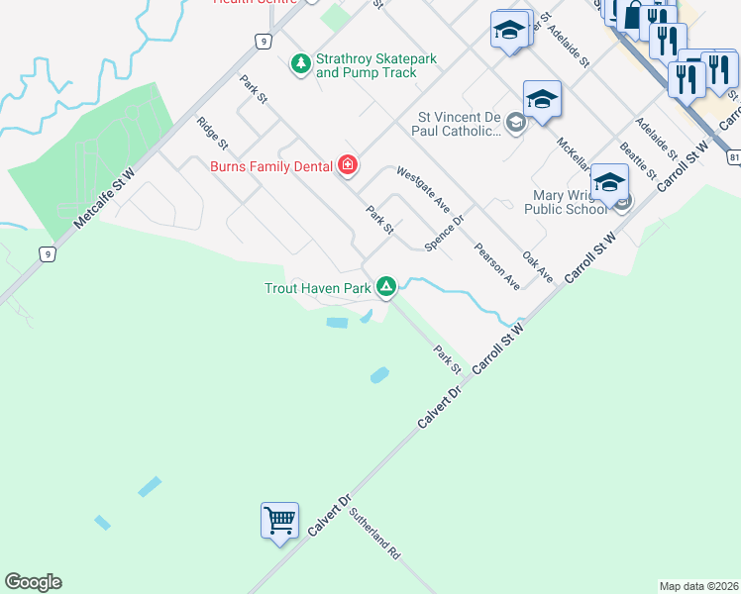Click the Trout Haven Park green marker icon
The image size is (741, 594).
[x=386, y=288]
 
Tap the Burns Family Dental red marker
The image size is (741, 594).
[x=347, y=165]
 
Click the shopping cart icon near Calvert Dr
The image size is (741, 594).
[x=279, y=519]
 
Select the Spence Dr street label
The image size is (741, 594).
[x=444, y=235]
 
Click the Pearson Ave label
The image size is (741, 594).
[x=497, y=265]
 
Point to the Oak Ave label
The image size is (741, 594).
[x=537, y=266]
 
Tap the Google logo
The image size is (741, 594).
[x=33, y=582]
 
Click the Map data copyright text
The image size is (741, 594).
[x=698, y=586]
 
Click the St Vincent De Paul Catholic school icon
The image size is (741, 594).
[x=515, y=123]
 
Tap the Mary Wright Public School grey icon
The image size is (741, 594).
[x=622, y=203]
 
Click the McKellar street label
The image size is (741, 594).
[x=574, y=153]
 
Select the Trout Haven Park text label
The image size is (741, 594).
[x=317, y=289]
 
